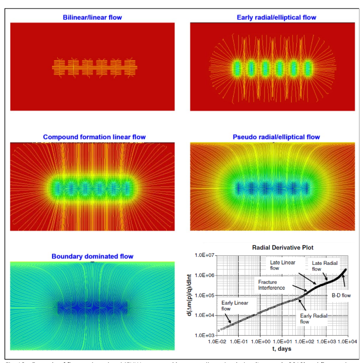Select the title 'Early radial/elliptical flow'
(x=276, y=18)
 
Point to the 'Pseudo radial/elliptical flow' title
(x=276, y=137)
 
